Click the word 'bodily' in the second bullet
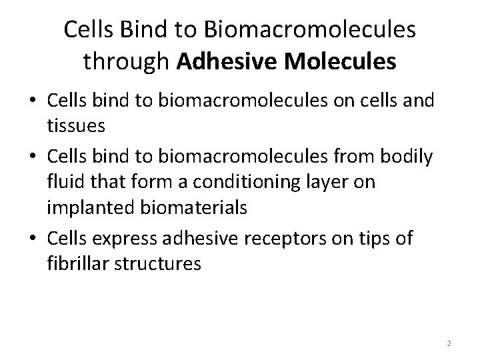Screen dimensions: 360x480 pyautogui.click(x=406, y=159)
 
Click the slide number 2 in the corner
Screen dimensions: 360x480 pyautogui.click(x=449, y=343)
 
